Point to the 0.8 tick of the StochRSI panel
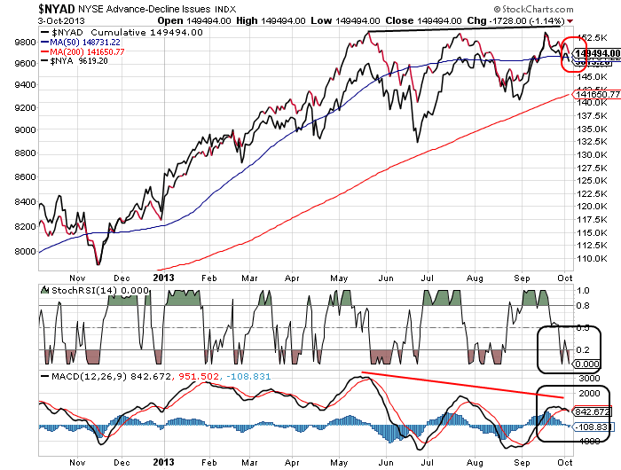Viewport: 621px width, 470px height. (584, 307)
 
